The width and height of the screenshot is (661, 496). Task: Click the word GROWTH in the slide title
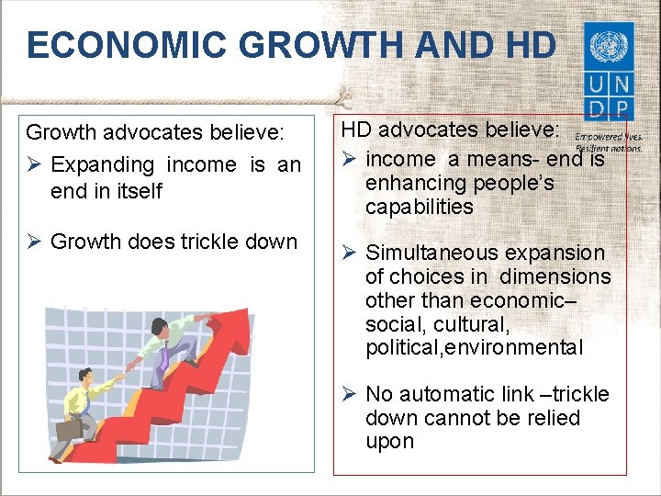[x=295, y=44]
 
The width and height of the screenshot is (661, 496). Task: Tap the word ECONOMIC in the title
[x=123, y=44]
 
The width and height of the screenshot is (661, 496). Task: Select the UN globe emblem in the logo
[x=607, y=45]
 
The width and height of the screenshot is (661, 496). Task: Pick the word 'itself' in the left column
[x=135, y=191]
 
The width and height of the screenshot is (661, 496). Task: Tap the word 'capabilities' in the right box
[x=420, y=207]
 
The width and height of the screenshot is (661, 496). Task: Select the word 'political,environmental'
[x=474, y=348]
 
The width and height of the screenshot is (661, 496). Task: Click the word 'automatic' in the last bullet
[x=443, y=394]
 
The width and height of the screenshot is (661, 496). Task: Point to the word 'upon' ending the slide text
[x=389, y=442]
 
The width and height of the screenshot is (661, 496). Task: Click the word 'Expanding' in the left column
[x=103, y=165]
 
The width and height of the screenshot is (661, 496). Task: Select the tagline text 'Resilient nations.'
[x=610, y=147]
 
